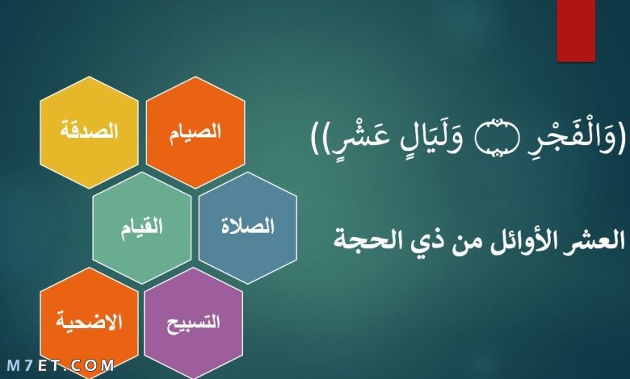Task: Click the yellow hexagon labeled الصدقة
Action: point(89,132)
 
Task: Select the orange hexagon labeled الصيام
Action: point(195,132)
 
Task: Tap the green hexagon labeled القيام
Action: point(142,227)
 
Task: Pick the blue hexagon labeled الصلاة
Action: point(248,227)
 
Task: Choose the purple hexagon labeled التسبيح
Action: point(193,323)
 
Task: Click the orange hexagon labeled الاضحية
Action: point(89,323)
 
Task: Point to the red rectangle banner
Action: point(576,31)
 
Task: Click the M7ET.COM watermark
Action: point(61,366)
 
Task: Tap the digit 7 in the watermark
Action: point(28,366)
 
